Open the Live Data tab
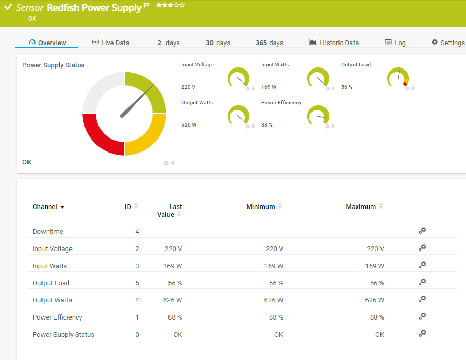point(110,43)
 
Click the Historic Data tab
point(334,43)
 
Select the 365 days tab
point(269,43)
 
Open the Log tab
point(395,43)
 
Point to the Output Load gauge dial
point(398,78)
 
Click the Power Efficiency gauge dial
point(318,116)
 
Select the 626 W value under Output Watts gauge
point(189,125)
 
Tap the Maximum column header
point(361,206)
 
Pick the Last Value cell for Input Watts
point(174,266)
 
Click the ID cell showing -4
point(136,232)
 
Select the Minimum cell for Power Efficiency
point(276,317)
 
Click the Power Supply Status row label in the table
point(63,335)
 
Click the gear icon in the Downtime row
point(422,231)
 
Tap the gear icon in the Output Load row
point(422,282)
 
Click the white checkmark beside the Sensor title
point(8,8)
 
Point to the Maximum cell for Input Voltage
point(375,249)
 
